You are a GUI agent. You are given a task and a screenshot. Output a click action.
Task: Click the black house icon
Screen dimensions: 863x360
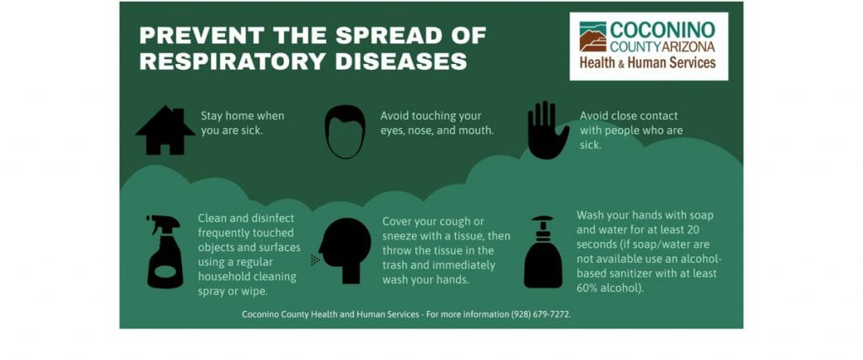(x=165, y=130)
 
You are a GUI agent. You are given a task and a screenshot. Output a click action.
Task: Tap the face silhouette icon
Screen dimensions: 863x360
(x=345, y=132)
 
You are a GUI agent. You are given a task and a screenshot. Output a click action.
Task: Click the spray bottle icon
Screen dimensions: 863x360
(x=164, y=251)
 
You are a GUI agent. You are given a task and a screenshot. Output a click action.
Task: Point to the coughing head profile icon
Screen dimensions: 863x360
(x=345, y=250)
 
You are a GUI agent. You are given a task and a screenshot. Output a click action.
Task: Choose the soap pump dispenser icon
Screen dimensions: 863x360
(x=543, y=252)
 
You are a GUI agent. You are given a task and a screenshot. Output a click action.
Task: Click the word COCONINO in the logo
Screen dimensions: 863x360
(x=662, y=30)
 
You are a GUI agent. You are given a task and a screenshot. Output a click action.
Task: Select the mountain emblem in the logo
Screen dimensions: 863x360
(x=592, y=37)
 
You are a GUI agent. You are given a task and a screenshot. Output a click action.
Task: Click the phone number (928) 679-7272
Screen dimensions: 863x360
(x=540, y=314)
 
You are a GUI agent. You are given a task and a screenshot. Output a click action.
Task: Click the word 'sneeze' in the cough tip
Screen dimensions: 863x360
(x=399, y=236)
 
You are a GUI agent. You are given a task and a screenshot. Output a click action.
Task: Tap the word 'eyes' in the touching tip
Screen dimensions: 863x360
(x=391, y=131)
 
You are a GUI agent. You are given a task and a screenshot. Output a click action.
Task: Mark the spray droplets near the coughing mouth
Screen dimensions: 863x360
(x=315, y=260)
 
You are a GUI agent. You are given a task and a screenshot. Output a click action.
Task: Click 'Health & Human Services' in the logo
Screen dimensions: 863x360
(x=648, y=62)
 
